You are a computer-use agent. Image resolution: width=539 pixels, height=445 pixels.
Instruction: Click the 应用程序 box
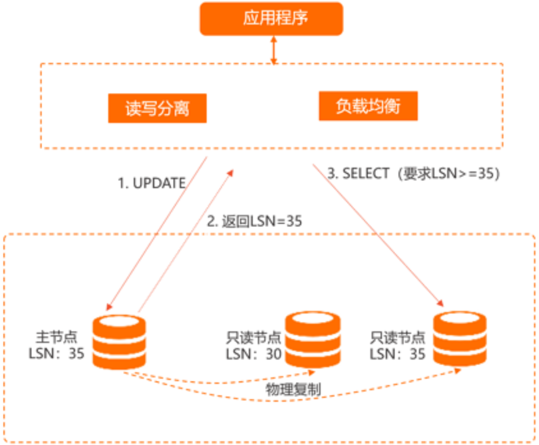coord(271,19)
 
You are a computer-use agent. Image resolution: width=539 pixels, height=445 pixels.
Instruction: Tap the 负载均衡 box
coord(368,106)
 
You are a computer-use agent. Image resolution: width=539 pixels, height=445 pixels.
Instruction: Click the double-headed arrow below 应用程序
coord(273,49)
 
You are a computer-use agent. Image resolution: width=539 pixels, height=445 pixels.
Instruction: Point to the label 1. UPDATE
coord(152,184)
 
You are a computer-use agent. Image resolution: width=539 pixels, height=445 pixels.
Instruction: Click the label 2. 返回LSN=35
coord(255,221)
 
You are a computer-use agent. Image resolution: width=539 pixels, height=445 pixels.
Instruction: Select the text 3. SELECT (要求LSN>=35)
coord(414,174)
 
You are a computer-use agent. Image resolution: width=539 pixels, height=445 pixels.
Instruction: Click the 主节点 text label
coord(56,336)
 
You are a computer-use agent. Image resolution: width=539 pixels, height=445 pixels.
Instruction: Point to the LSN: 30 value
coord(254,355)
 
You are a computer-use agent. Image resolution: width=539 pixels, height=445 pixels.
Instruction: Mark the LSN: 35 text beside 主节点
coord(56,354)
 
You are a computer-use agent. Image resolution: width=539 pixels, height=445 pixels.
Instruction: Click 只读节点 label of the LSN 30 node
coord(254,338)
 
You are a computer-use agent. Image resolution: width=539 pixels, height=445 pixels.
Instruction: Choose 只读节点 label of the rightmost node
coord(397,337)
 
